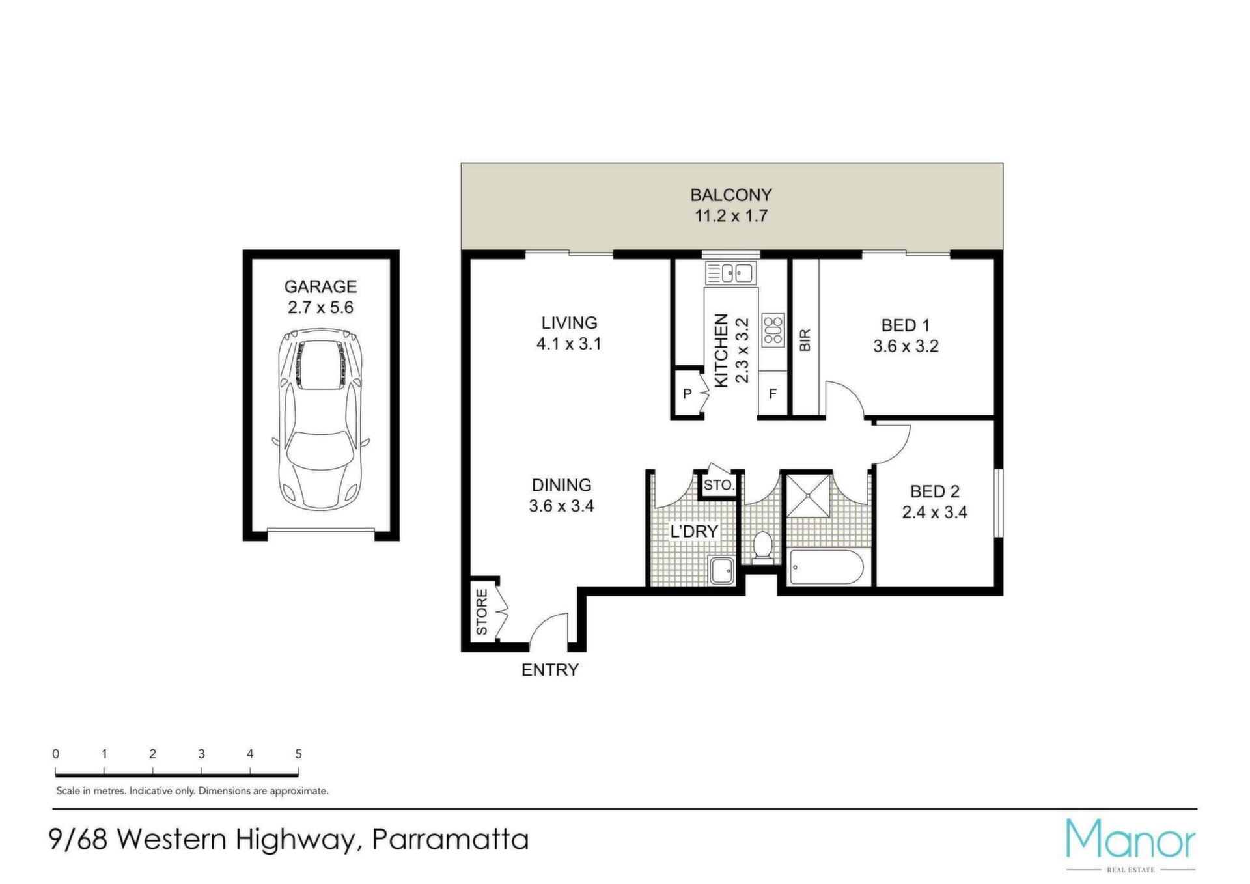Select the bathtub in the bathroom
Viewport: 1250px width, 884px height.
click(826, 568)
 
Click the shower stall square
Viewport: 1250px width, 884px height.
click(808, 495)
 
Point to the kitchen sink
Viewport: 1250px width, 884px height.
click(731, 273)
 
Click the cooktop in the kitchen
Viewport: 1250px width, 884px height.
click(773, 330)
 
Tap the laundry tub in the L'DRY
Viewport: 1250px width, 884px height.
click(722, 571)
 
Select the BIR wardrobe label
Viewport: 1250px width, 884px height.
click(805, 340)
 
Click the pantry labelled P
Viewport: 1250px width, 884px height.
click(687, 393)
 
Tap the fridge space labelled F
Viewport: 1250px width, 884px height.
click(773, 393)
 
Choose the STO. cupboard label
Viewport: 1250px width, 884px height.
click(719, 485)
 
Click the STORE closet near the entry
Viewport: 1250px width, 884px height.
click(482, 611)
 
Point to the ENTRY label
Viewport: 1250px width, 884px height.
click(550, 670)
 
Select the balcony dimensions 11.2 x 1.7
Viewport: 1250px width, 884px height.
click(731, 216)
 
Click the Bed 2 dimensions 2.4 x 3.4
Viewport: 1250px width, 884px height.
click(935, 512)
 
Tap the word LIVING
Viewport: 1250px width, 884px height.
click(570, 323)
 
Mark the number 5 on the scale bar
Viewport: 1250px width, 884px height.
click(299, 754)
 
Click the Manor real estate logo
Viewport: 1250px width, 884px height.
click(1131, 844)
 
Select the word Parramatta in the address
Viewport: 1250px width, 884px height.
click(450, 839)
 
